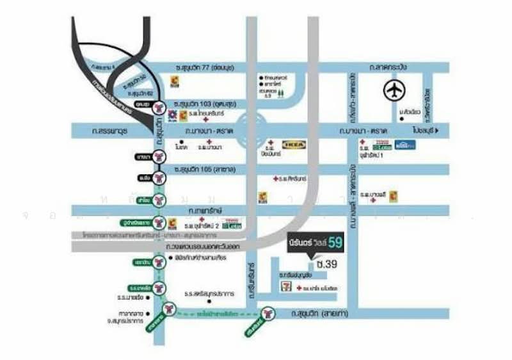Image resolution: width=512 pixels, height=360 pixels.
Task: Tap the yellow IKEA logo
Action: pyautogui.click(x=294, y=145)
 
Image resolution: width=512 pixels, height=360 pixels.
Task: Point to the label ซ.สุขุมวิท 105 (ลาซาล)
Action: pyautogui.click(x=204, y=169)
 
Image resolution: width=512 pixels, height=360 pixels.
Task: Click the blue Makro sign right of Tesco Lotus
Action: pyautogui.click(x=404, y=145)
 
